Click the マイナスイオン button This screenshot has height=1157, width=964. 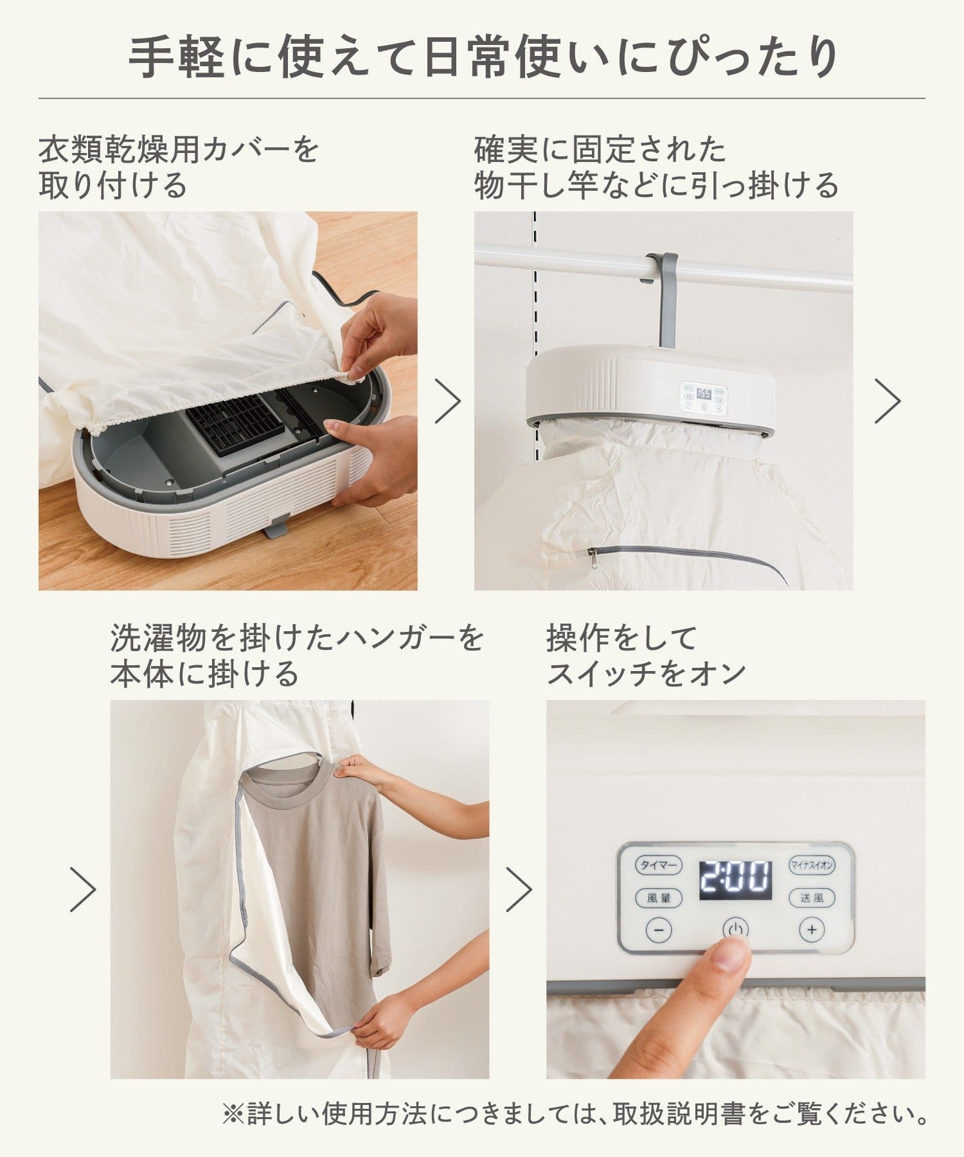pos(812,865)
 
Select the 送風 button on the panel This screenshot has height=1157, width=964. pos(812,898)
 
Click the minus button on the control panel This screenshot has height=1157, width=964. pos(659,929)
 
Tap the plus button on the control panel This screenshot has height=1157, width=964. pos(812,929)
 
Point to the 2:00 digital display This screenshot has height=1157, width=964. pos(735,880)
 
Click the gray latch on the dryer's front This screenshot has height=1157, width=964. pos(276,529)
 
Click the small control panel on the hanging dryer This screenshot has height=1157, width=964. pos(703,397)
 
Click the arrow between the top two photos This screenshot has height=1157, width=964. pos(448,401)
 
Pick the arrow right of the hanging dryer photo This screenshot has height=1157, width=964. pos(888,401)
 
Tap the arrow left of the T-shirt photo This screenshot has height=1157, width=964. pos(83,889)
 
